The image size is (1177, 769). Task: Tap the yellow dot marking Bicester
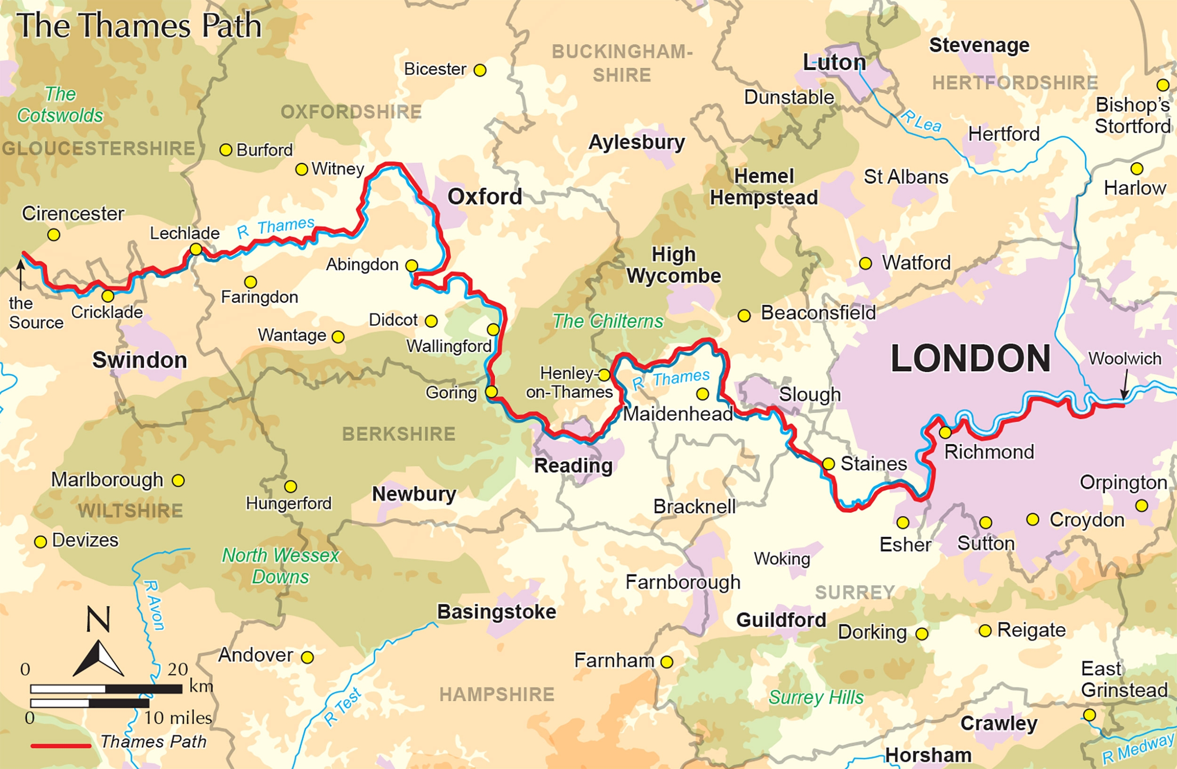pos(480,70)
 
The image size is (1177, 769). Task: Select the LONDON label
pos(970,359)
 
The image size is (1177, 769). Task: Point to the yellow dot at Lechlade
pos(196,249)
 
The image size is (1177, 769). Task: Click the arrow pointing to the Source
pos(20,275)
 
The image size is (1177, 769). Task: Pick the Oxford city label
pos(484,197)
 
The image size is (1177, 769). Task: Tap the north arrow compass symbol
pos(98,658)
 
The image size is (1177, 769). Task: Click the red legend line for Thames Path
pos(61,746)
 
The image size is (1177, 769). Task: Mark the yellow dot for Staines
pos(828,464)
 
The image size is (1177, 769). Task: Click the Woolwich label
pos(1125,359)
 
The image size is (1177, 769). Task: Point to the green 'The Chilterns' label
pos(608,322)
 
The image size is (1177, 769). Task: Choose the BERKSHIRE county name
pos(399,434)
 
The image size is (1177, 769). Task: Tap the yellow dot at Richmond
pos(945,433)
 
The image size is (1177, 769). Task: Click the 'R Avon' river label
pos(154,605)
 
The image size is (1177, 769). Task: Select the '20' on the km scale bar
pos(177,670)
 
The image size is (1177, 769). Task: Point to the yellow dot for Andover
pos(307,657)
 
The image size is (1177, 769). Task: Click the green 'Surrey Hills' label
pos(816,697)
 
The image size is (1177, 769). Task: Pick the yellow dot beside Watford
pos(865,263)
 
